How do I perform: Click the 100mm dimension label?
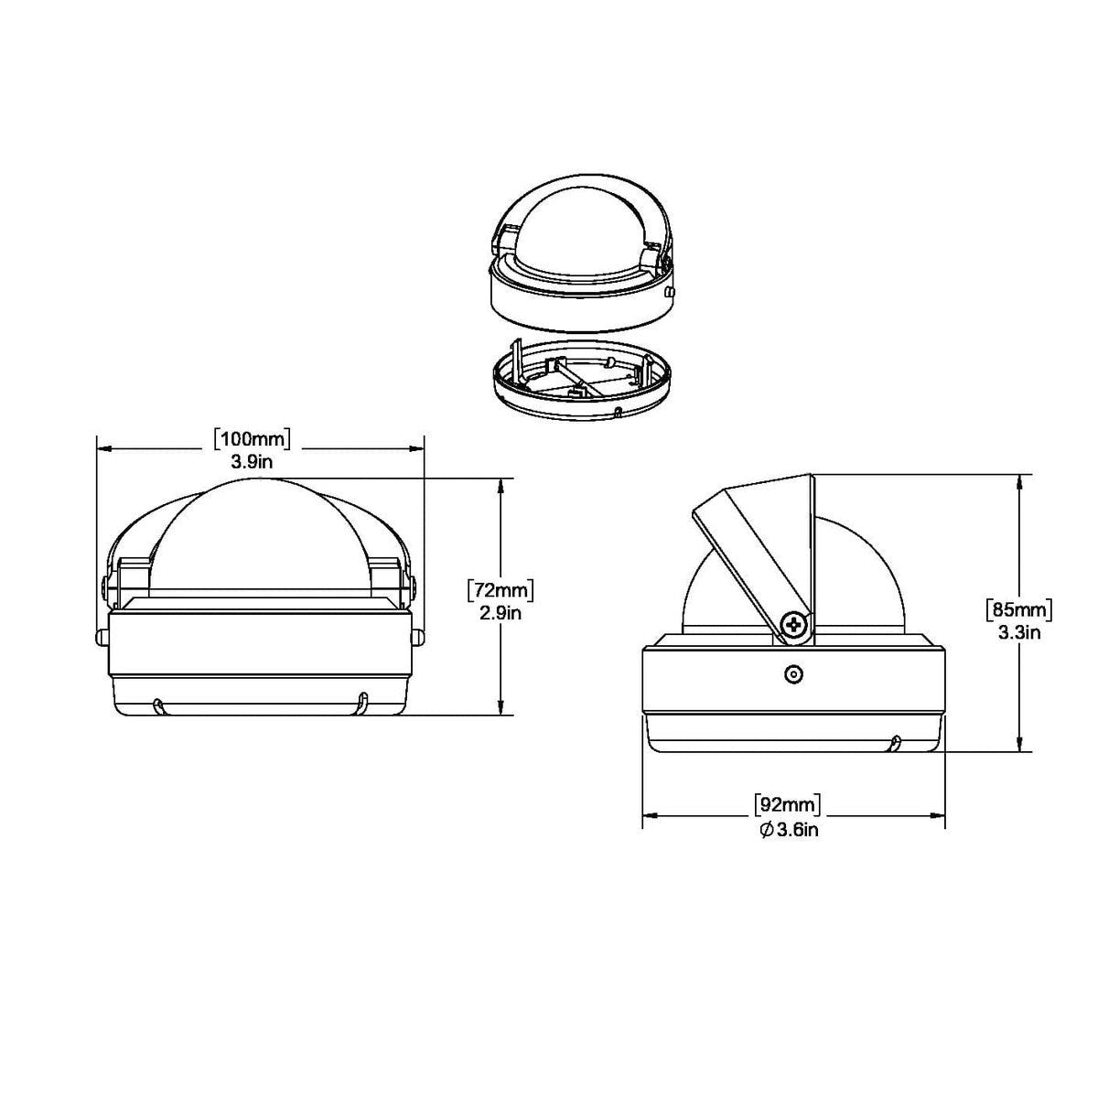[252, 438]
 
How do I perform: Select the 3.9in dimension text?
[252, 462]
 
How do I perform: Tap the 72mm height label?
[500, 590]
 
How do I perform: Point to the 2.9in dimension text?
[500, 613]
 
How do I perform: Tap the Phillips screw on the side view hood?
[795, 625]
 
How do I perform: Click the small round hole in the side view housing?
[793, 674]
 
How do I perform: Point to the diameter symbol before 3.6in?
[767, 830]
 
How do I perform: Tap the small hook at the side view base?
[894, 742]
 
